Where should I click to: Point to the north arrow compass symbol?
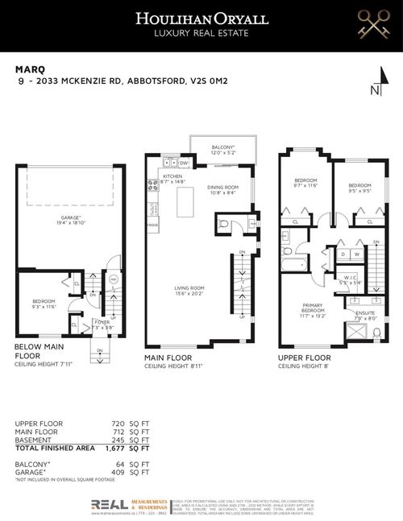tap(374, 89)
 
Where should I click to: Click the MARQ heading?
tap(28, 69)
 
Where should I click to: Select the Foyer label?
tap(101, 325)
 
